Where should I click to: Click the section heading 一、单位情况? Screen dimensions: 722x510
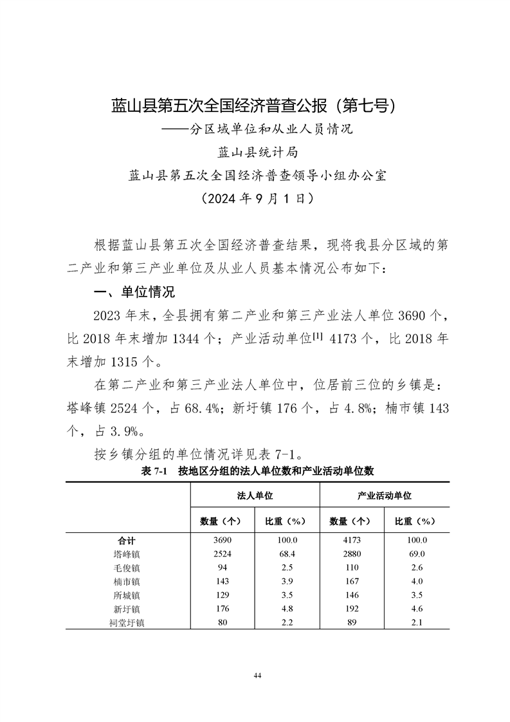pos(134,292)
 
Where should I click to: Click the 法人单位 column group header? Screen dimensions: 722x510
pos(255,497)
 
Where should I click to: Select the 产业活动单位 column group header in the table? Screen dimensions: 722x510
pos(385,497)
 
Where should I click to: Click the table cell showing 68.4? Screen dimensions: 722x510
pos(287,553)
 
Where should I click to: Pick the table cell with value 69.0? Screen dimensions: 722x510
pos(417,553)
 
